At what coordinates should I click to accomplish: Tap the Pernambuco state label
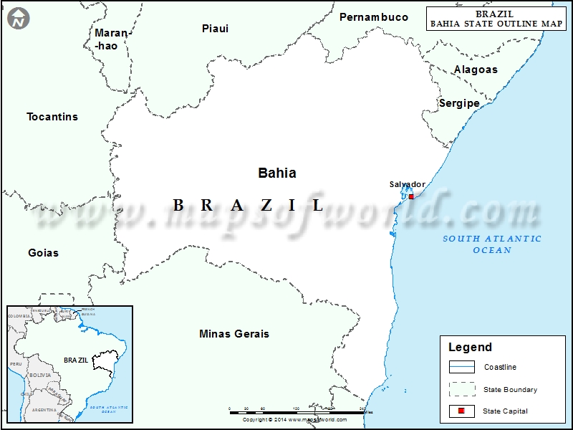(x=374, y=16)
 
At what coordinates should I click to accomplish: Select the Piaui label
(x=215, y=29)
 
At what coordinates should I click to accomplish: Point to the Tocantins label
(x=52, y=117)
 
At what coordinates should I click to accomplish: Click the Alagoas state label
(x=476, y=70)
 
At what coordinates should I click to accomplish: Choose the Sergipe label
(x=459, y=103)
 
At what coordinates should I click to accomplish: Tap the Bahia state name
(x=276, y=173)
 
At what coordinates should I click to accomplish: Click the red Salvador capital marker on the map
(x=411, y=196)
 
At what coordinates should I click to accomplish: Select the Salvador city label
(x=407, y=185)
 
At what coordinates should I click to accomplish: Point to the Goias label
(x=43, y=253)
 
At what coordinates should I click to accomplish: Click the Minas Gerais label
(x=234, y=334)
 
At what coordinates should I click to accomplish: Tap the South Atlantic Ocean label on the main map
(x=492, y=244)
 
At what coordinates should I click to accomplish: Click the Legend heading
(x=470, y=348)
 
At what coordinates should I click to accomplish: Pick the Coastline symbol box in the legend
(x=462, y=368)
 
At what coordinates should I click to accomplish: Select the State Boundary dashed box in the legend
(x=462, y=390)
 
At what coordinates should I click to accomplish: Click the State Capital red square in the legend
(x=462, y=411)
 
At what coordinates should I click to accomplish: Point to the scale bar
(x=297, y=412)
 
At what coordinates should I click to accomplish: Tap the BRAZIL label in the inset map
(x=75, y=360)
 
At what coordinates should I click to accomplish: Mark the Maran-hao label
(x=112, y=39)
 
